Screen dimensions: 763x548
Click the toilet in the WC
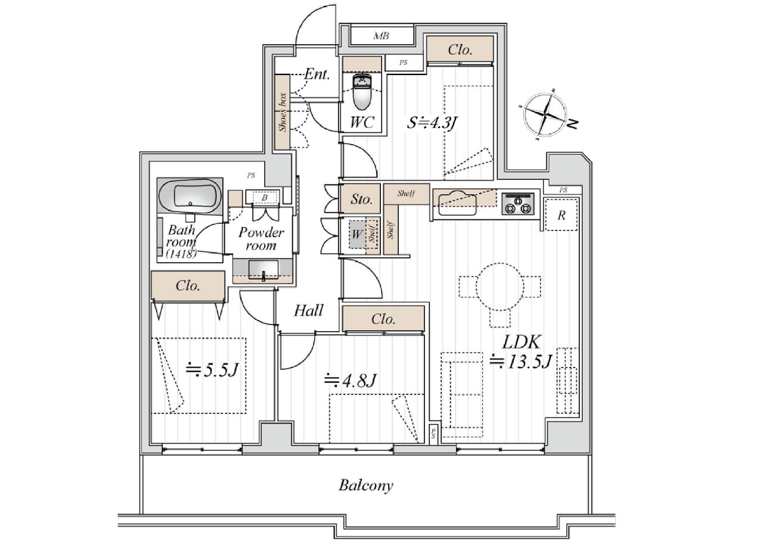[362, 91]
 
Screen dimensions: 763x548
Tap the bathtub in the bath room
[190, 197]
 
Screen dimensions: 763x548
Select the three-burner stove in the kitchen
[518, 204]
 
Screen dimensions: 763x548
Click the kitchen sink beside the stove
[457, 203]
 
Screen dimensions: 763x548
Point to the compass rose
[545, 114]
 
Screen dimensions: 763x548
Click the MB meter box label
[381, 36]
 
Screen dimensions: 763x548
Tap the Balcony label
[366, 485]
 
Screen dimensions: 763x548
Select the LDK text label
[521, 342]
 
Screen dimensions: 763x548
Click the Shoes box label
[283, 112]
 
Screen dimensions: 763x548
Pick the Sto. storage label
[361, 199]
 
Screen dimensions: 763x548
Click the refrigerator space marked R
[562, 215]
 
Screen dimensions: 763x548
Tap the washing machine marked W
[357, 234]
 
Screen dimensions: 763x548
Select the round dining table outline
[500, 287]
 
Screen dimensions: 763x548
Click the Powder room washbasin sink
[263, 270]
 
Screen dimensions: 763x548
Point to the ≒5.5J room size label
[212, 370]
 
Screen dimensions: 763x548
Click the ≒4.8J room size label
[350, 380]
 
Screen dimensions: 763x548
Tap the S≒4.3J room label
[432, 123]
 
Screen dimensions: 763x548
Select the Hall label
[308, 310]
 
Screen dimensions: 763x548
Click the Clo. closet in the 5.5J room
[188, 285]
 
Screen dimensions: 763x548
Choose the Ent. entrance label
[317, 74]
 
